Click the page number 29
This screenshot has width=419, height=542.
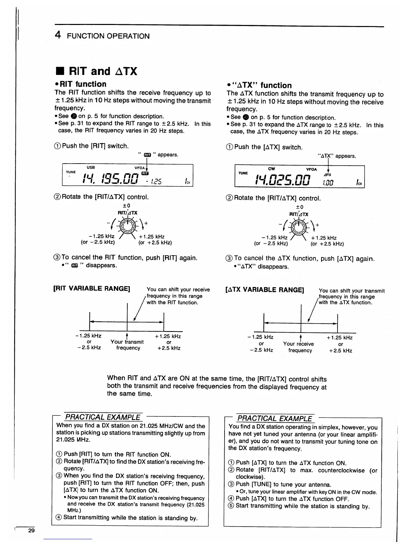[31, 531]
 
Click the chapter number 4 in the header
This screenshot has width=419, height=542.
[58, 35]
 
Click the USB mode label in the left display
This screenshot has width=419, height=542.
[91, 167]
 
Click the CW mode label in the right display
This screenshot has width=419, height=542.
[271, 169]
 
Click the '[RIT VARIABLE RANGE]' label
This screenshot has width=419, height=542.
[91, 288]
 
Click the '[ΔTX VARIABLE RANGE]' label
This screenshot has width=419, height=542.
[265, 290]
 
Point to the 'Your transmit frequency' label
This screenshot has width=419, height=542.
[127, 345]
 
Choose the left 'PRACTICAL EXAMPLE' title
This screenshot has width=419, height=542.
[103, 417]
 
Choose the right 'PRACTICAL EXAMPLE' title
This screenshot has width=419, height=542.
[275, 418]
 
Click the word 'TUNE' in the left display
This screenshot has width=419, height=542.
[71, 172]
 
